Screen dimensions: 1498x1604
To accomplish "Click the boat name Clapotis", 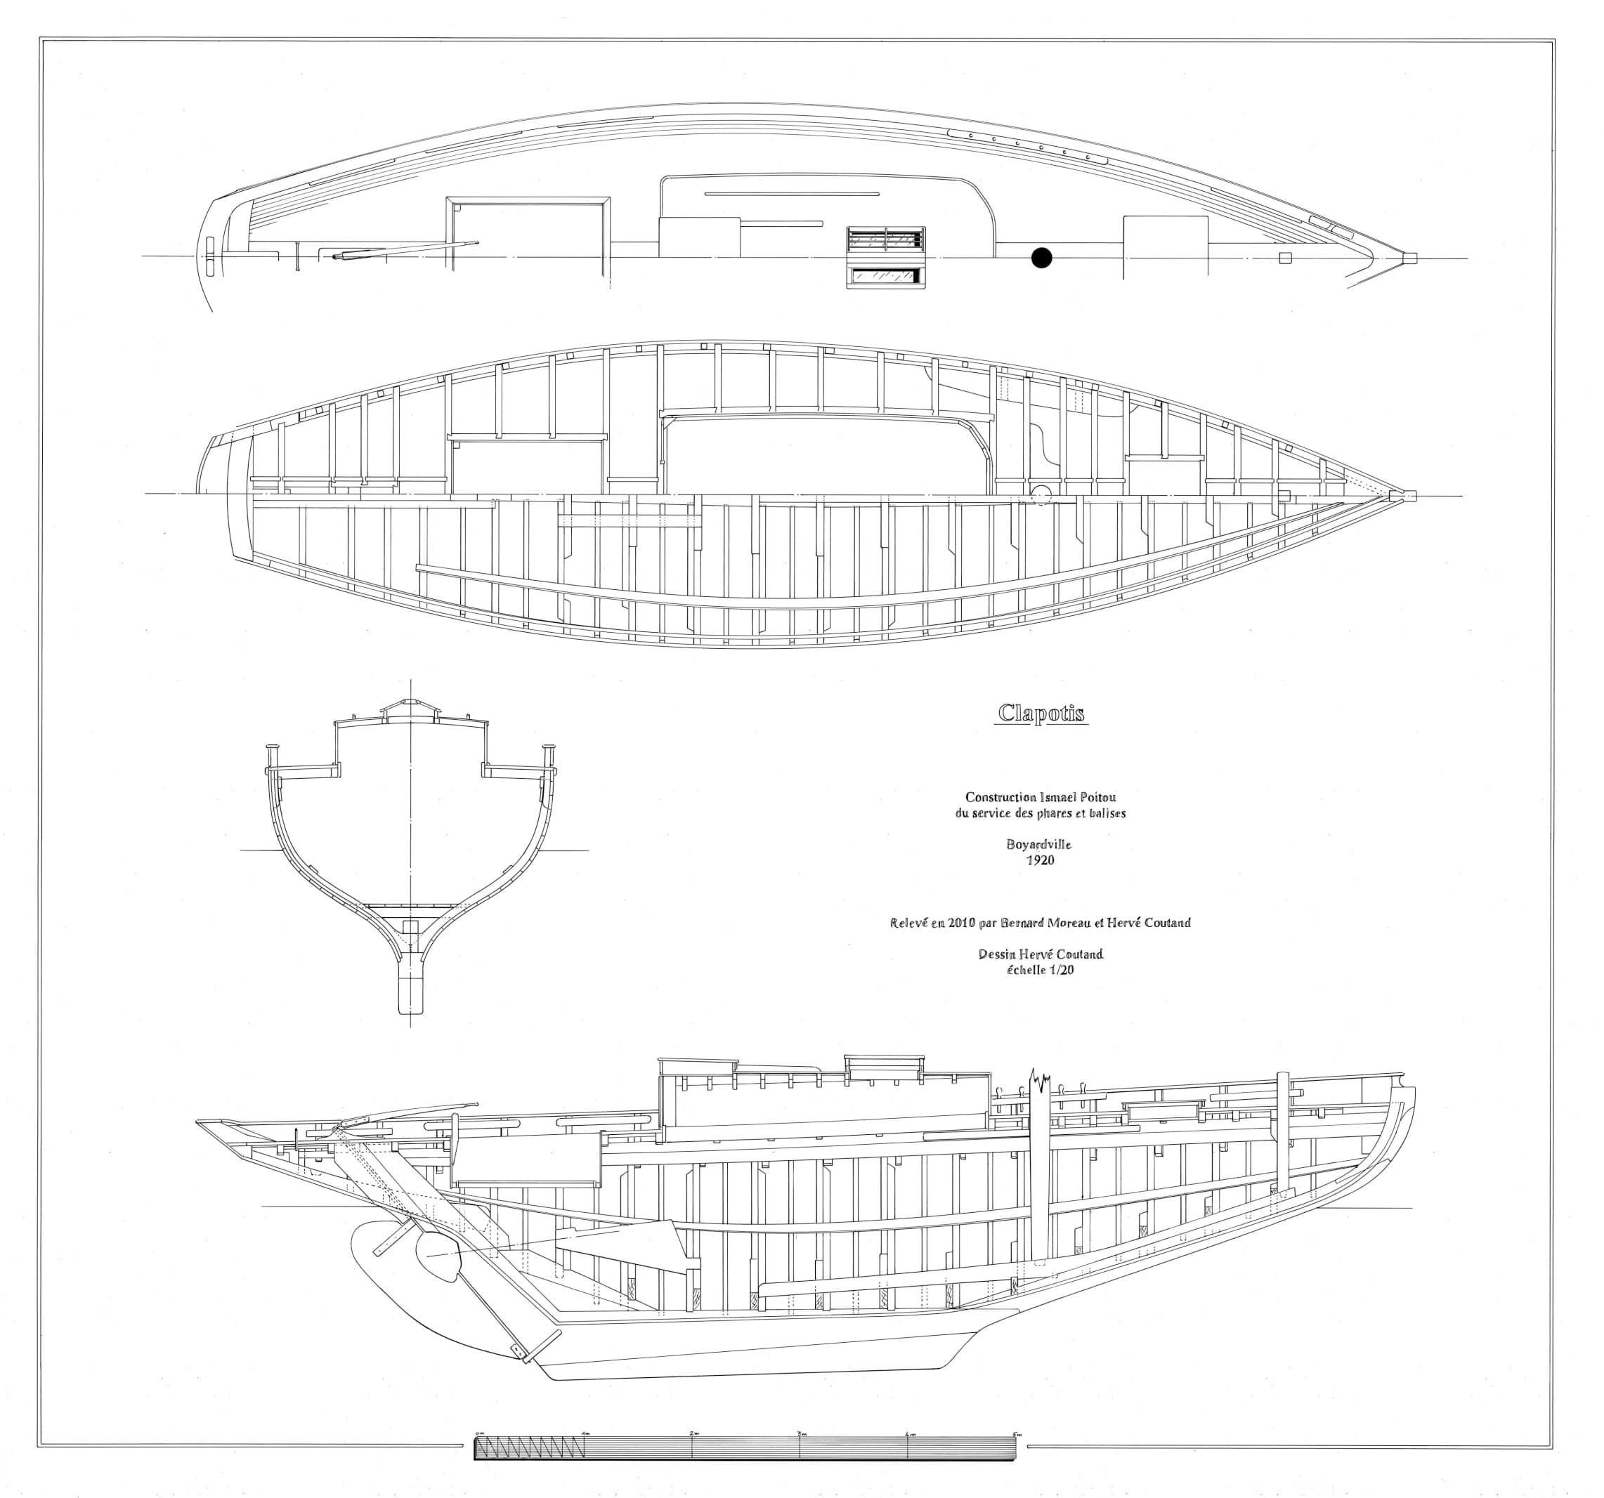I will coord(1041,713).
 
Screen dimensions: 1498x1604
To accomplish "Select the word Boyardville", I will coord(1039,845).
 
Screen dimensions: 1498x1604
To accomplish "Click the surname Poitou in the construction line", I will coord(1096,797).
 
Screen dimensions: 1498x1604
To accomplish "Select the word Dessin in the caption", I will coord(996,954).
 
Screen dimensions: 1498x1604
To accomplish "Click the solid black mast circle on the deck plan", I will coord(1042,258).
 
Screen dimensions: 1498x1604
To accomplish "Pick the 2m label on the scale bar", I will coord(694,1433).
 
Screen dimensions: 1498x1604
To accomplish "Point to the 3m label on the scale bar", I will coord(801,1433).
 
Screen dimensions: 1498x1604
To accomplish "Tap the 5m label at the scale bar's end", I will coord(1017,1433).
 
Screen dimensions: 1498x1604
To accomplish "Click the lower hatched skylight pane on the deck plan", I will coord(885,277).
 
